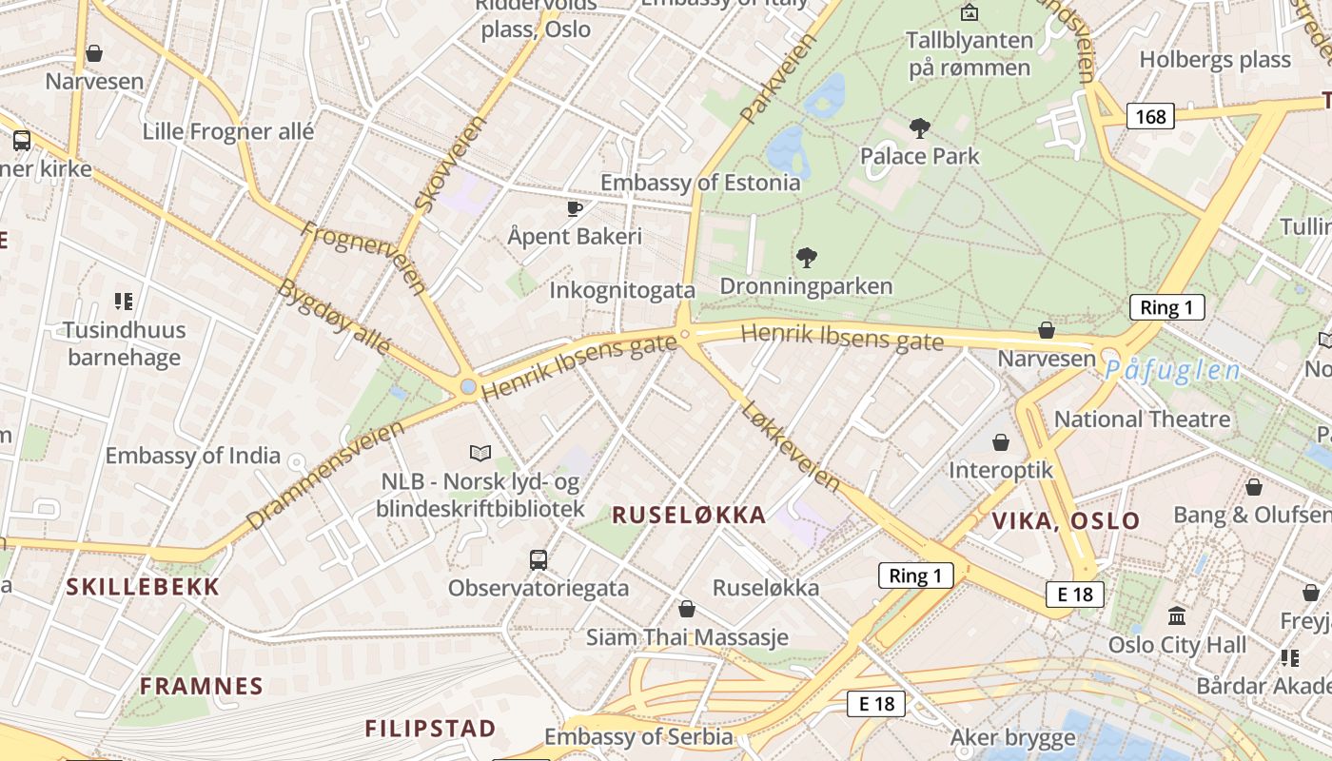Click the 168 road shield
click(1150, 117)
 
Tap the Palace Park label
click(920, 155)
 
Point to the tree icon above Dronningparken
click(807, 257)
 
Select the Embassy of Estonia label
click(700, 183)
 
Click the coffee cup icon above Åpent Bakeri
click(574, 208)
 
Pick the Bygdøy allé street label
click(334, 316)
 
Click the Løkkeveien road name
click(790, 445)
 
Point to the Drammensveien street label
click(324, 475)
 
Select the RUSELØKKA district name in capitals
click(689, 516)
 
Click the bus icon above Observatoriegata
click(539, 559)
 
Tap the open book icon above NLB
click(480, 453)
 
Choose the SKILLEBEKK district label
click(143, 587)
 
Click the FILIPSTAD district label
click(431, 730)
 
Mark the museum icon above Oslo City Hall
click(1177, 615)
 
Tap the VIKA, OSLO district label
click(1066, 521)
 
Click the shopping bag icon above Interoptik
click(1001, 442)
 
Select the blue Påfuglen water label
click(1173, 371)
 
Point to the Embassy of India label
click(193, 456)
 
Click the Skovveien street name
click(450, 163)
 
